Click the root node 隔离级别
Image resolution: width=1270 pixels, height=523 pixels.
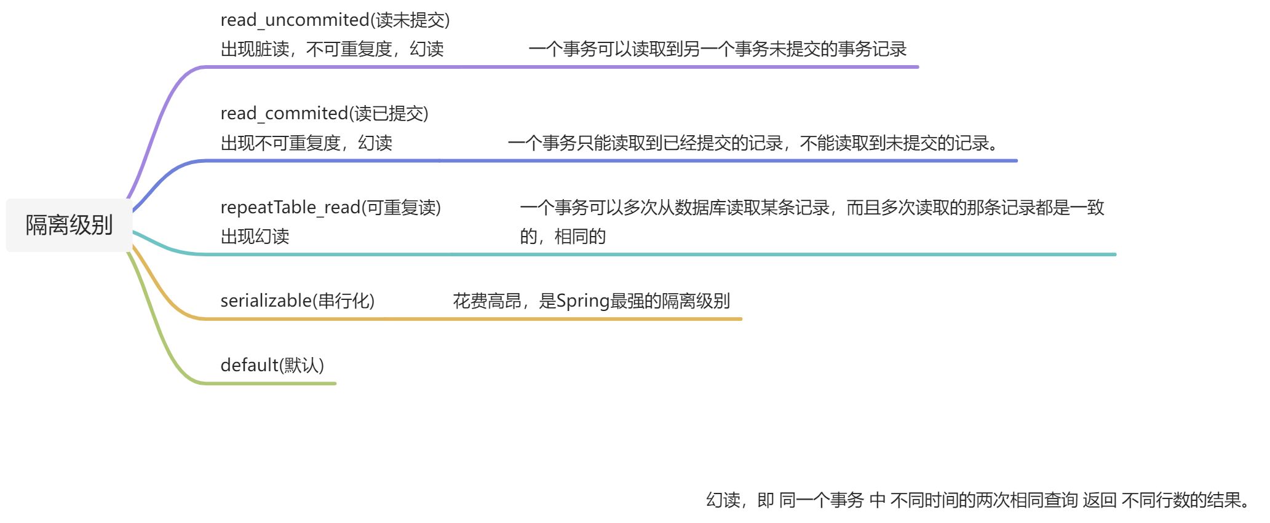point(69,225)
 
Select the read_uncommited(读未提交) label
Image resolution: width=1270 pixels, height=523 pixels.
point(335,20)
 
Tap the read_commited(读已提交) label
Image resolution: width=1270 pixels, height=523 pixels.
point(324,114)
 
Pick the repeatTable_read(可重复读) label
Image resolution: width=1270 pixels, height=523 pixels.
point(330,208)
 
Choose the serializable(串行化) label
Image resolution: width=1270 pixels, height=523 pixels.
point(297,301)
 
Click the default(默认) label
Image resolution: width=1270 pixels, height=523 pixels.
point(272,366)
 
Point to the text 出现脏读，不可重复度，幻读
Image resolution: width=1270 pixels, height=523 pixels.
point(332,49)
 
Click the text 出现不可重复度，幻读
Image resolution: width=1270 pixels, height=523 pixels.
point(306,143)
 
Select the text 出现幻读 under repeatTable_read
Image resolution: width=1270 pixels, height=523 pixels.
point(255,237)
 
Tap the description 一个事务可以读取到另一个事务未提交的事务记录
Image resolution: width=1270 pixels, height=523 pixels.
point(717,49)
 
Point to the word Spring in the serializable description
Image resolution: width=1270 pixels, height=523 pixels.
point(582,301)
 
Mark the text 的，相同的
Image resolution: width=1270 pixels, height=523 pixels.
point(563,237)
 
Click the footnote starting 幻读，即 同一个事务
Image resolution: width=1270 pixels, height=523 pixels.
point(977,500)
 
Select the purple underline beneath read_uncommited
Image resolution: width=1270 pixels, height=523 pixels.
point(554,67)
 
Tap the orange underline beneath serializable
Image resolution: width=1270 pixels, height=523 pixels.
point(467,319)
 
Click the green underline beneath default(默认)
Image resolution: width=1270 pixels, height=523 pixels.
point(271,383)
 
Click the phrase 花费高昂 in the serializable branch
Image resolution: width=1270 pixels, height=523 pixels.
point(487,301)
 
